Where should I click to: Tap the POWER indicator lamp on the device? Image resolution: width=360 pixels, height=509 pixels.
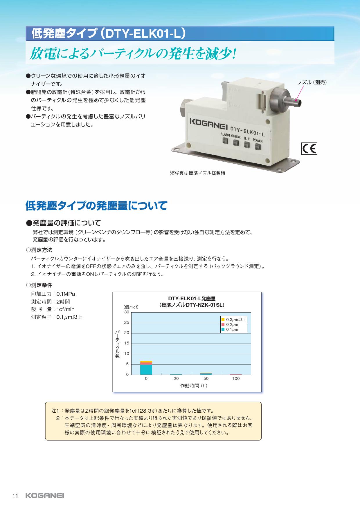click(257, 147)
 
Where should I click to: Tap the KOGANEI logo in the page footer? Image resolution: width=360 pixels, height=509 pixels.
click(45, 496)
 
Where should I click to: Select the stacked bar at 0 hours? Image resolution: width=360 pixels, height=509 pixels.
click(146, 368)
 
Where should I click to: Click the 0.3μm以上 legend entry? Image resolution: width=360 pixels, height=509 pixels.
click(234, 320)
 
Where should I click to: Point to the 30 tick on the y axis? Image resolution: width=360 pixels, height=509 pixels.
click(127, 312)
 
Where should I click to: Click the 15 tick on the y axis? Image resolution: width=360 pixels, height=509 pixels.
click(127, 343)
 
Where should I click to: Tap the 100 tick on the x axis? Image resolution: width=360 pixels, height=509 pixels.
click(236, 379)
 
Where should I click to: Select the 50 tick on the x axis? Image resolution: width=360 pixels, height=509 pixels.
click(206, 379)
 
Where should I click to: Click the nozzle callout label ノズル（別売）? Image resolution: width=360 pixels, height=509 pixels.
click(312, 82)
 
